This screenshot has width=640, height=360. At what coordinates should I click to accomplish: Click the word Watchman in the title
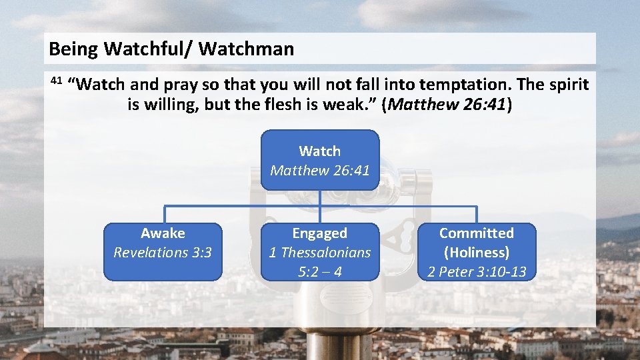(x=246, y=49)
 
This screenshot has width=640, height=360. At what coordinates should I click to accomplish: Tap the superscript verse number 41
(x=56, y=81)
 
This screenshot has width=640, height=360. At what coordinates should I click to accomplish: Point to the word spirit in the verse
(x=566, y=85)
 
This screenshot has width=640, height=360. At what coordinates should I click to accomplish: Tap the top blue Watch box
(x=320, y=160)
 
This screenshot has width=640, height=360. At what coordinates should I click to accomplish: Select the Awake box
(x=163, y=251)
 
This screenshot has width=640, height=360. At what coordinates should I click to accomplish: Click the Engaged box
(x=320, y=251)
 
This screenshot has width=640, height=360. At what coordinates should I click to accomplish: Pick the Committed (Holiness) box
(x=477, y=251)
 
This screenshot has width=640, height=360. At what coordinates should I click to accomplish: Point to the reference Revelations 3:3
(x=163, y=253)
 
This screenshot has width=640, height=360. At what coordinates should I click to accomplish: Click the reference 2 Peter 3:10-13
(x=477, y=271)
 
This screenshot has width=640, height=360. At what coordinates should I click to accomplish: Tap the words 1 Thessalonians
(x=320, y=253)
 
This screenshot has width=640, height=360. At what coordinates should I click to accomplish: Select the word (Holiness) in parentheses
(x=477, y=253)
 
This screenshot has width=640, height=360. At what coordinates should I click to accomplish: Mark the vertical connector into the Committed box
(x=477, y=214)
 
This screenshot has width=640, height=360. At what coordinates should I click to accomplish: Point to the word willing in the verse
(x=171, y=105)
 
